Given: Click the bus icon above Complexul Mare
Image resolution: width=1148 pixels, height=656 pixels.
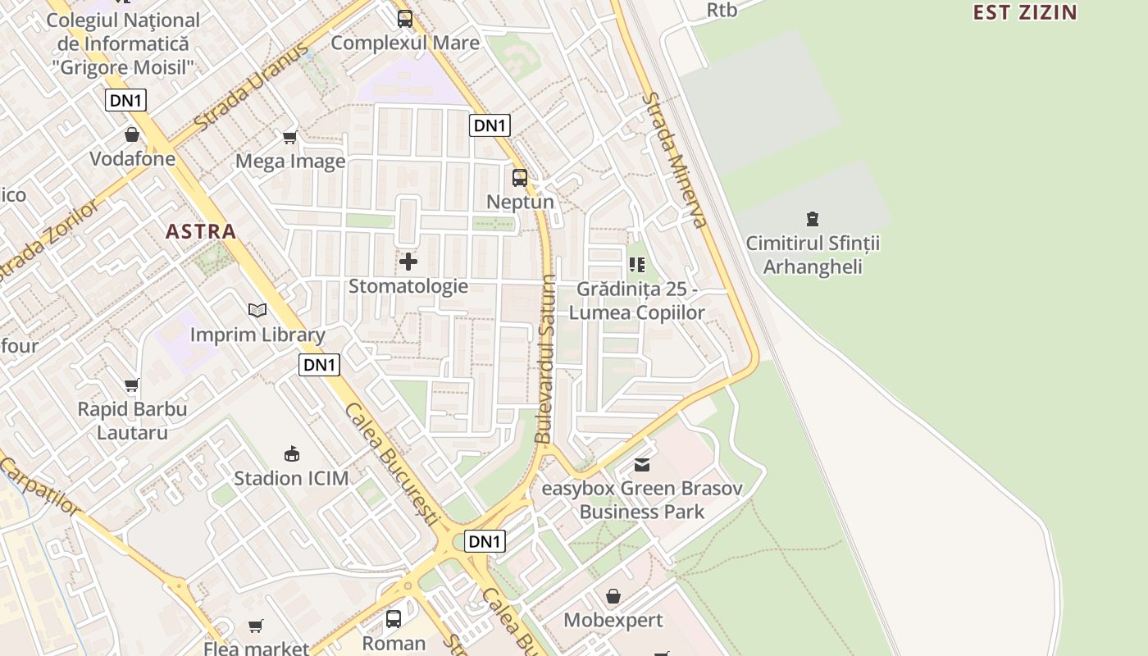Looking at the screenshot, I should point(405,19).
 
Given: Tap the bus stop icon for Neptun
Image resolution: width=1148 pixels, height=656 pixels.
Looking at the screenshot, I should point(520,178).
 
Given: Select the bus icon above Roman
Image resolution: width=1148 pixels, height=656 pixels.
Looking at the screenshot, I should point(394,619).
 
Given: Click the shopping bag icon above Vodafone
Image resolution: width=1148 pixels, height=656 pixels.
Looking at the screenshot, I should point(132,134).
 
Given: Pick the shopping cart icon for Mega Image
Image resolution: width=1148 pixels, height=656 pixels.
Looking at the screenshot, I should point(289,137).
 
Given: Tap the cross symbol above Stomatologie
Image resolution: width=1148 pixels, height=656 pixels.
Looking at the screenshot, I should point(408,262).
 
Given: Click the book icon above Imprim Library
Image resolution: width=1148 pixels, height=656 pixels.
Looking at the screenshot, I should point(257,310).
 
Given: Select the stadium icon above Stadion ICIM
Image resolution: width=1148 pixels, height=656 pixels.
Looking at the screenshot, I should point(291,453).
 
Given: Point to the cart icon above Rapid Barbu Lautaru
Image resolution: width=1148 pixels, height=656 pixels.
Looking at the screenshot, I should point(132,385).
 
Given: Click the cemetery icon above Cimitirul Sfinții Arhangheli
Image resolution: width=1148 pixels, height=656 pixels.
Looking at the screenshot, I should point(812,219).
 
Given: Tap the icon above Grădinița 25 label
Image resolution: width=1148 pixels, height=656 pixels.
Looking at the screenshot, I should point(637,265).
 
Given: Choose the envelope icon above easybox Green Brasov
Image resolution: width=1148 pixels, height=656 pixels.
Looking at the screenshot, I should point(642,465).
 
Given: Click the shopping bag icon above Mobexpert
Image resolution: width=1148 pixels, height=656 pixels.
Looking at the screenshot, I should point(613,596).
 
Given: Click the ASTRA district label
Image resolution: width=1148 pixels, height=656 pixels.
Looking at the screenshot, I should point(201,231).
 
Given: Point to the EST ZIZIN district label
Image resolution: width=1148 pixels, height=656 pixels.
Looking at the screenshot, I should point(1025,12).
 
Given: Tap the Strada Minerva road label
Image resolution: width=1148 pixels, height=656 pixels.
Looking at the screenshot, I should point(674,159).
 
